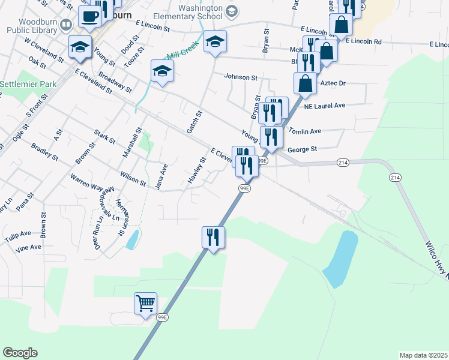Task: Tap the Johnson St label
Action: (x=241, y=77)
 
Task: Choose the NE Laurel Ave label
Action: (x=325, y=106)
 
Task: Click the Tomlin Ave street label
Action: (x=305, y=131)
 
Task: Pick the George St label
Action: (x=302, y=148)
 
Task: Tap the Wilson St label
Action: (x=133, y=178)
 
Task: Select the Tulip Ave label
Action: (x=17, y=233)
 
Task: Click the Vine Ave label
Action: (x=28, y=247)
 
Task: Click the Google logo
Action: (x=20, y=352)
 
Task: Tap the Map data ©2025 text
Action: (x=423, y=355)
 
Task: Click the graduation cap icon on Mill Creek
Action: (x=161, y=72)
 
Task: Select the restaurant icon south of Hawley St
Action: (x=212, y=238)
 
